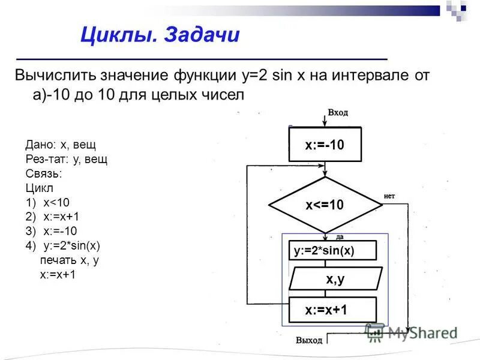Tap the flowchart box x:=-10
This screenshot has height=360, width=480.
tap(325, 145)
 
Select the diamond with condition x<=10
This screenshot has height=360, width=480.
tap(325, 205)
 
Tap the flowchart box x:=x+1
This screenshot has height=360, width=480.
tap(332, 310)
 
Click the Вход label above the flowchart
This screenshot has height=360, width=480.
tap(338, 113)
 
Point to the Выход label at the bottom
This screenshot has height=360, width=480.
tap(309, 340)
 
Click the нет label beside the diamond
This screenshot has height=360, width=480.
tap(389, 196)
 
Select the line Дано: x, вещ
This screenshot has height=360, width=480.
tap(61, 145)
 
